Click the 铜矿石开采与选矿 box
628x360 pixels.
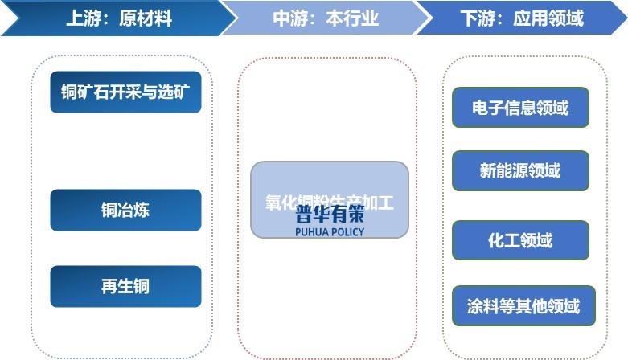125,92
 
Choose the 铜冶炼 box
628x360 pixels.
125,211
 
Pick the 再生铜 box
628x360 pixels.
125,286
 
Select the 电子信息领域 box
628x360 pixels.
520,107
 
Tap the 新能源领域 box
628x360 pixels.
520,170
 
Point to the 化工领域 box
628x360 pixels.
520,240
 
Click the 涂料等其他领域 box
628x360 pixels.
523,306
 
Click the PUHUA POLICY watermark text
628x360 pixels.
330,232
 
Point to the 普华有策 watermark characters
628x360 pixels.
330,215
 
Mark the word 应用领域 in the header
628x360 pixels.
548,18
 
